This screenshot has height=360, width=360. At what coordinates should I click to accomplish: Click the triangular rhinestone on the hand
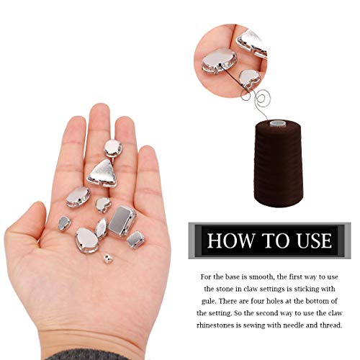[x=105, y=174]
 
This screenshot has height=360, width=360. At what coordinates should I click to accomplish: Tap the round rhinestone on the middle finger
[x=113, y=148]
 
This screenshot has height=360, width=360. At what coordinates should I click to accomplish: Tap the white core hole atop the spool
[x=276, y=121]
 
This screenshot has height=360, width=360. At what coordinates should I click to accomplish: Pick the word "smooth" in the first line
[x=262, y=276]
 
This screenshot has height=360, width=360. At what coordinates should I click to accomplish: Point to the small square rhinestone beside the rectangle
[x=135, y=239]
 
